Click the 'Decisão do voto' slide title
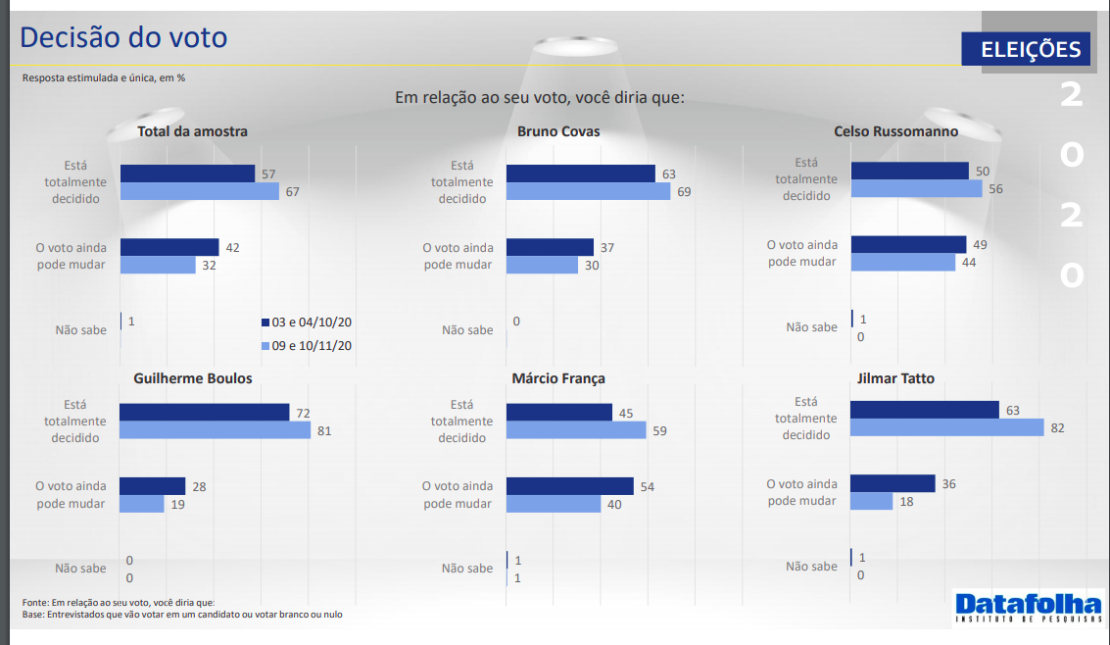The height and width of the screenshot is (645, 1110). point(123,37)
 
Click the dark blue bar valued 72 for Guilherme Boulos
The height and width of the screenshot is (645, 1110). point(204,413)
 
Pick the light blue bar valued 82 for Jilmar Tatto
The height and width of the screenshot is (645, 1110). point(947,427)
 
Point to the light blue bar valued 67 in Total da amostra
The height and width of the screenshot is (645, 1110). point(200,191)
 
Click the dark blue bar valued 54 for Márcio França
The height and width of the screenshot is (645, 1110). point(570,486)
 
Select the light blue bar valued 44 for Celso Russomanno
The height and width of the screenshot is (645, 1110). point(902,262)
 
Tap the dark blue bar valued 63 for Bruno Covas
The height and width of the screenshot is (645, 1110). point(580,174)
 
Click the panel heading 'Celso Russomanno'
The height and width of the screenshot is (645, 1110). point(895,131)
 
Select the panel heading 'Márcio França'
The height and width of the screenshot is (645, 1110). point(558,378)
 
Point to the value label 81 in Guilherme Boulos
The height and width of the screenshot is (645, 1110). point(323,430)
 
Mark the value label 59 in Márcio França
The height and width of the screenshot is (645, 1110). point(659,430)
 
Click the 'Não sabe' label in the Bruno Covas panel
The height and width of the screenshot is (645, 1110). point(467,330)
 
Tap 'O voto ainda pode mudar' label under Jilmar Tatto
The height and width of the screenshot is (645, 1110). point(801,492)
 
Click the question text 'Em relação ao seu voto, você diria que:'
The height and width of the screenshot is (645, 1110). point(540,98)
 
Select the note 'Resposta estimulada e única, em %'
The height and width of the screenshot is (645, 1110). point(104,77)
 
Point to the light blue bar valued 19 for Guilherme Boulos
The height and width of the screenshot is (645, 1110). point(141,504)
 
